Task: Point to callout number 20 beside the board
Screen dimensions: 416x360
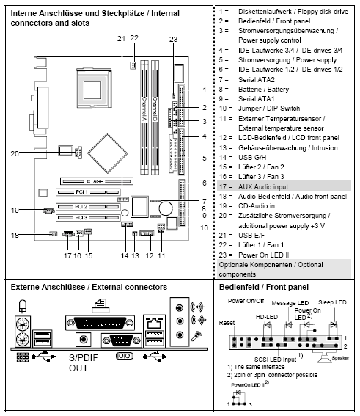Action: point(14,153)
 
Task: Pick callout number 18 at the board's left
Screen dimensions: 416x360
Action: point(14,235)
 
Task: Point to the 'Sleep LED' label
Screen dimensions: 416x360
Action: point(331,302)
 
